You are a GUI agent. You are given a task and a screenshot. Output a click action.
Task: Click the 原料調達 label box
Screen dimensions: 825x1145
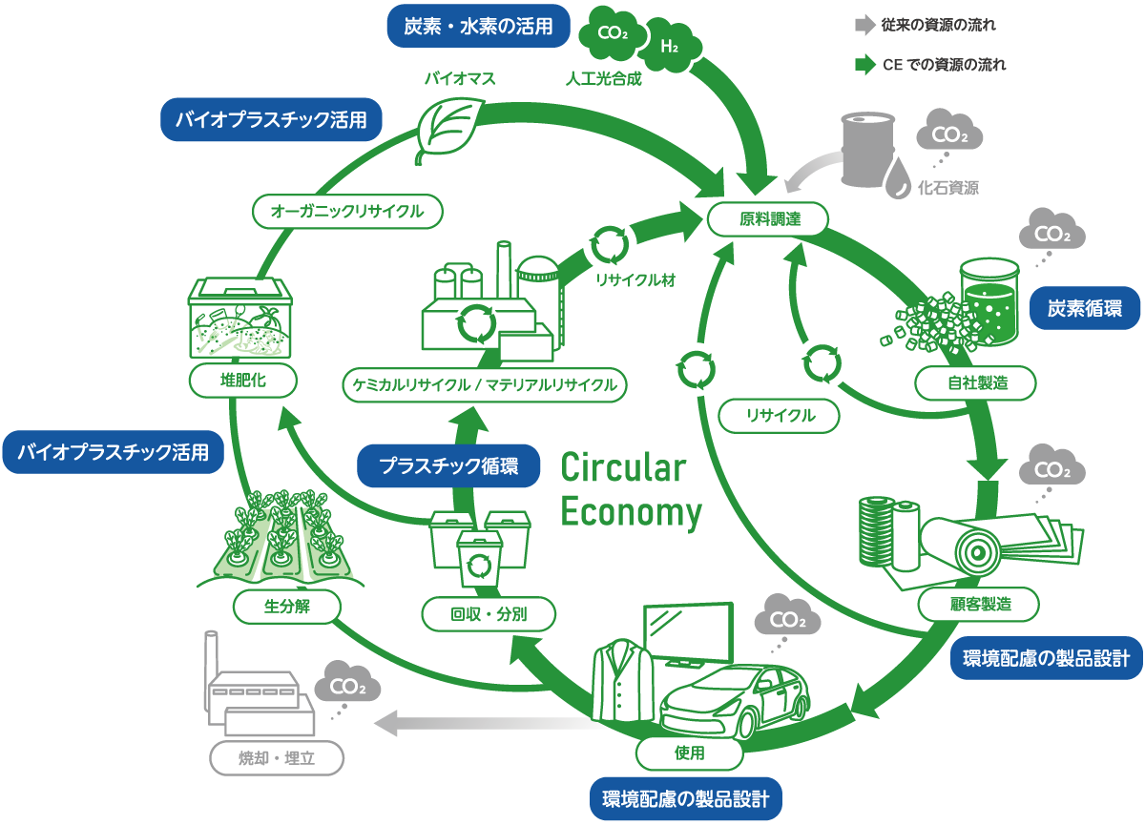pos(768,219)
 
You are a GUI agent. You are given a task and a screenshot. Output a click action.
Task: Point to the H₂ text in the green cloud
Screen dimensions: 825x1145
pos(669,46)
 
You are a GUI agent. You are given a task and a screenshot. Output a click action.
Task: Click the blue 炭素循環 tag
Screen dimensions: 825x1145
pos(1087,308)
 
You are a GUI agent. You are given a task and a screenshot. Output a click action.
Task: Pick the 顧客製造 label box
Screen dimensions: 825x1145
pos(979,603)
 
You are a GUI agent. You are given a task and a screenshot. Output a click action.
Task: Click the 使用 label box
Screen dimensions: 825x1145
pos(689,753)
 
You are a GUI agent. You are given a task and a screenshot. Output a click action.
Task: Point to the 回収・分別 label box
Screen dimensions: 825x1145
pos(489,615)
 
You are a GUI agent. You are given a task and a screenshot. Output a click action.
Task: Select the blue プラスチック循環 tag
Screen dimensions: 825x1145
pos(448,467)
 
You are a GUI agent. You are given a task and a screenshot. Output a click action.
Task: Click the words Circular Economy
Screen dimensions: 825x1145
pos(631,490)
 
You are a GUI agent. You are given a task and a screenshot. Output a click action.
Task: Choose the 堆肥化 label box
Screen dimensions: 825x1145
pos(242,381)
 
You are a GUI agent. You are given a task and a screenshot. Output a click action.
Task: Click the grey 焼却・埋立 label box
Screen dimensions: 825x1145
pos(276,759)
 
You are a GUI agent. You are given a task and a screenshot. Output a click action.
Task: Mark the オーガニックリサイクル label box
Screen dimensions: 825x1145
pos(347,212)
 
